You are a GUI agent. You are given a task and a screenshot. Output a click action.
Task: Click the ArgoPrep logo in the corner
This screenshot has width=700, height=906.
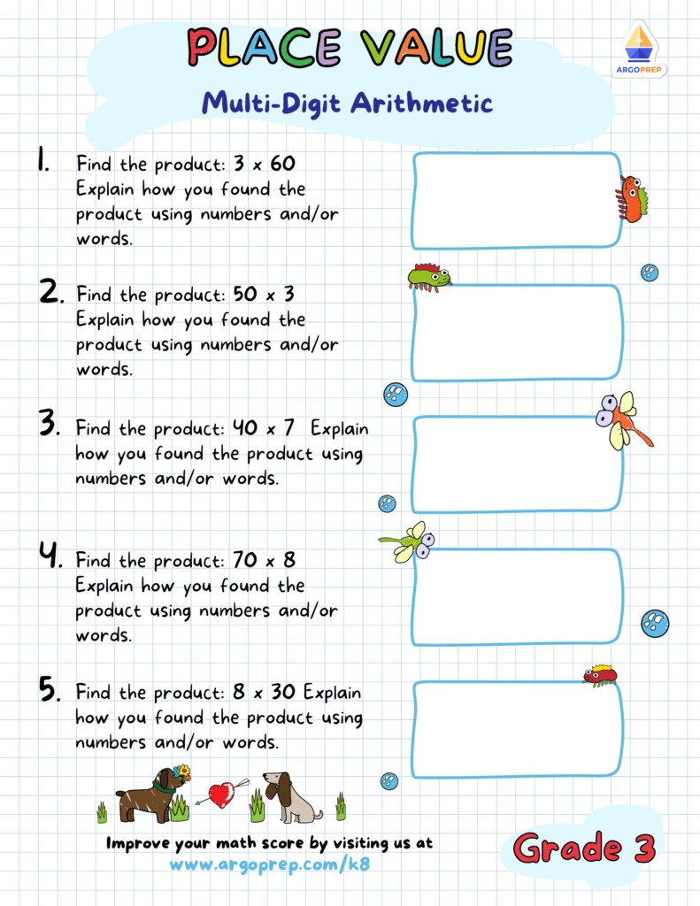click(x=639, y=49)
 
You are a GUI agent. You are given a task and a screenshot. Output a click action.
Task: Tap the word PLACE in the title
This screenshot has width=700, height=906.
click(x=265, y=48)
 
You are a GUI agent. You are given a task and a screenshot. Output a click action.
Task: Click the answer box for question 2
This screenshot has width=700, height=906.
click(x=517, y=333)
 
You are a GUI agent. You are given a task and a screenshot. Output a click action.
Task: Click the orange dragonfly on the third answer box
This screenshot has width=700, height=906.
click(x=622, y=419)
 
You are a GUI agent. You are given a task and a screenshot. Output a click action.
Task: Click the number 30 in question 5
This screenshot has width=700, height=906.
click(x=284, y=692)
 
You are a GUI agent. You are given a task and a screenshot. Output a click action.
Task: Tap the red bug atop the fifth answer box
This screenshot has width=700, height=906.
click(x=600, y=675)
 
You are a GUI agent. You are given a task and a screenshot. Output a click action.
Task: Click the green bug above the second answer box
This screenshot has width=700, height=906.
click(x=428, y=277)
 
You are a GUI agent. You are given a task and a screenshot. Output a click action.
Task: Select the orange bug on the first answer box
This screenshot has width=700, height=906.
click(x=631, y=198)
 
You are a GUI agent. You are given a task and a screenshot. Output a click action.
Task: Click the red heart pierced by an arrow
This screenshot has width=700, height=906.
click(x=220, y=794)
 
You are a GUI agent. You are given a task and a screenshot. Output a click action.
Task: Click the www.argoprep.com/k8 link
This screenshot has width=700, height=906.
click(x=269, y=864)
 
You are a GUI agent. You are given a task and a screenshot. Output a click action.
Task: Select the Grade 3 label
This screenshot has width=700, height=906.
click(x=584, y=848)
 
